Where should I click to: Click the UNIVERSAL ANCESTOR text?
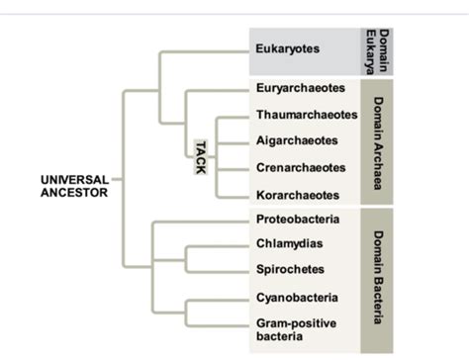tap(74, 187)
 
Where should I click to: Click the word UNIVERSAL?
tap(74, 180)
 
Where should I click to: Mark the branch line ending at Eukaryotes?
tap(203, 48)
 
